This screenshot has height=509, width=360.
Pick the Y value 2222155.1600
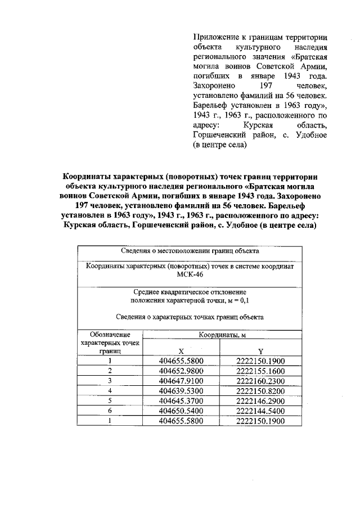[x=260, y=371]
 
